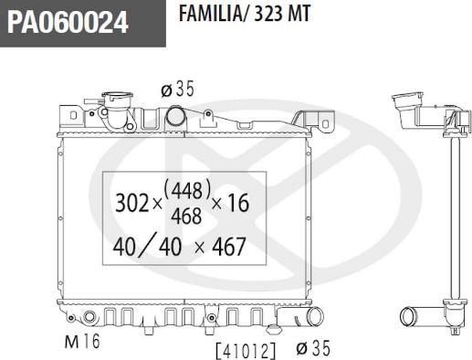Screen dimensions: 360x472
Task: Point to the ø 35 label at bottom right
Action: (x=311, y=348)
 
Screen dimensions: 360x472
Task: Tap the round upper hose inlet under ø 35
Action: (x=179, y=117)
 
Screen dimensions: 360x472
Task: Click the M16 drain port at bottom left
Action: (x=88, y=319)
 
